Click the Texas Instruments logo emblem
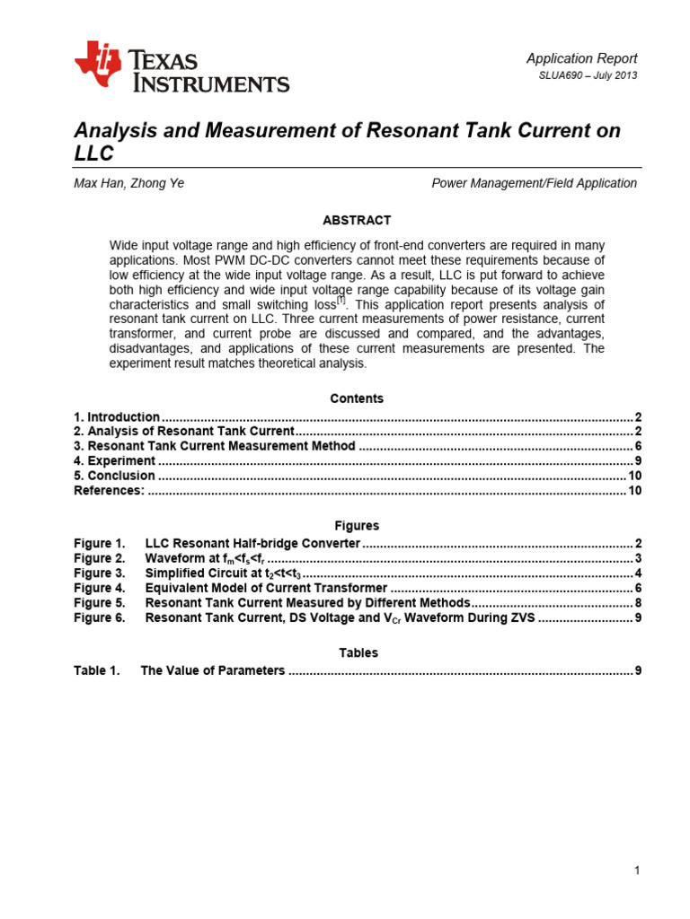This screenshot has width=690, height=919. point(97,66)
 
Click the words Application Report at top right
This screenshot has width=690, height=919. point(581,58)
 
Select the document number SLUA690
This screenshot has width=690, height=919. point(565,75)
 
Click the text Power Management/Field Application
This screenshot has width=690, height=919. point(534,183)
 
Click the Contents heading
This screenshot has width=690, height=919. point(357,398)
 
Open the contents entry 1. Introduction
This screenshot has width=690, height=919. point(117,417)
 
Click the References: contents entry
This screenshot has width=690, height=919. point(109,490)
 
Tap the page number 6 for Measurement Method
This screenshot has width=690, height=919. point(637,446)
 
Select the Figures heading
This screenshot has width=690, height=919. point(357,526)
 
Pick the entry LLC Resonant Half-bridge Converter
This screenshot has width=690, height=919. point(252,544)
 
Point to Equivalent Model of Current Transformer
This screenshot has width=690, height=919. point(266,588)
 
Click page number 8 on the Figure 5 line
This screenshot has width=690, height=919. point(637,602)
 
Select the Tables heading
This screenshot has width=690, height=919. point(357,652)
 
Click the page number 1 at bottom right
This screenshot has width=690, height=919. point(636,871)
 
